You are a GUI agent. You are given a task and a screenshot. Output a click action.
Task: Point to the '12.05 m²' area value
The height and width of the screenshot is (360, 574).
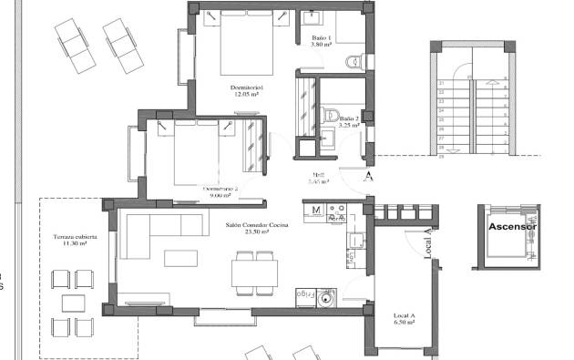coord(245,95)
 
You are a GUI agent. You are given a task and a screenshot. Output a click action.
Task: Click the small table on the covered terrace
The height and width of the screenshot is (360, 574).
coord(70,302)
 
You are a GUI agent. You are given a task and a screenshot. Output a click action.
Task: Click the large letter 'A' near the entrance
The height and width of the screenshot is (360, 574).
coord(368,176)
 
